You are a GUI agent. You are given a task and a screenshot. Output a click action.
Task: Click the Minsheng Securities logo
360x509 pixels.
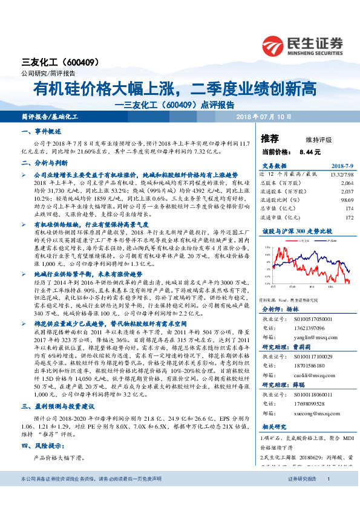[x=303, y=45]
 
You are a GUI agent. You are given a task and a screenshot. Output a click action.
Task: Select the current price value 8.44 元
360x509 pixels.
[x=309, y=151]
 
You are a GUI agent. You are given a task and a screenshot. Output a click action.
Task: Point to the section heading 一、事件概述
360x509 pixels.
[x=42, y=131]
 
